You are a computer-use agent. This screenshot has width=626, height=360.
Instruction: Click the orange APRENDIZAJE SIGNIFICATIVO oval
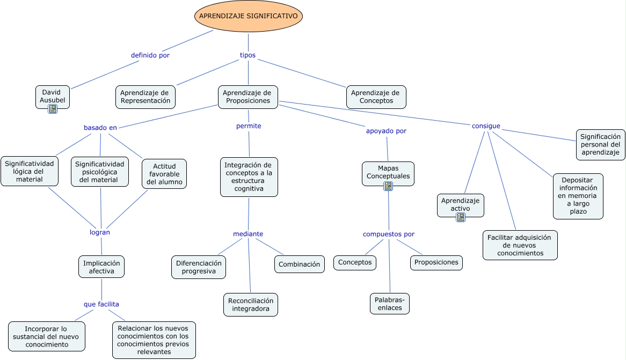[x=249, y=16]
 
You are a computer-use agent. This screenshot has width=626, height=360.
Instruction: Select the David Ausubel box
[x=52, y=97]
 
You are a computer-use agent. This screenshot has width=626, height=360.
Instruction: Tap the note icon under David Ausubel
[x=53, y=108]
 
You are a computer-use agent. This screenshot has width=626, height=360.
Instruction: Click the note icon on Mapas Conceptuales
[x=388, y=186]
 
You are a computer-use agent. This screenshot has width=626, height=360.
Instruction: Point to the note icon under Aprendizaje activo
[x=461, y=217]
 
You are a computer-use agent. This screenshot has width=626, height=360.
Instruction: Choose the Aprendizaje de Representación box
[x=145, y=97]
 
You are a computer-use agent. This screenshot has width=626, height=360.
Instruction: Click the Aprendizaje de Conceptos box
[x=376, y=97]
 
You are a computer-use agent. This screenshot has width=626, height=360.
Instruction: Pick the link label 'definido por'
[x=150, y=55]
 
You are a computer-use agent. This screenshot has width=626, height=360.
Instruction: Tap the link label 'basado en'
[x=100, y=128]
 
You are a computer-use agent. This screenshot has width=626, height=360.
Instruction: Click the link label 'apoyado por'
[x=386, y=131]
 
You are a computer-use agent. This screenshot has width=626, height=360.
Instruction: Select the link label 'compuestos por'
[x=389, y=234]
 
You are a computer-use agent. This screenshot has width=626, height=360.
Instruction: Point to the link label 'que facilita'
[x=101, y=304]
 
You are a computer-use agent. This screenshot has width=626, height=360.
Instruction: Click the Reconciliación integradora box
[x=251, y=305]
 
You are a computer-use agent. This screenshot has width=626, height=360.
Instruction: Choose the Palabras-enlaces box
[x=390, y=304]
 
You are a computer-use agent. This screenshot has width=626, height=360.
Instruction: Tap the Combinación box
[x=300, y=264]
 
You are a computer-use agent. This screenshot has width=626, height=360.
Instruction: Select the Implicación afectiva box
[x=101, y=267]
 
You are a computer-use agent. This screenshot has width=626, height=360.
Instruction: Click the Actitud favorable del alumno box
[x=164, y=174]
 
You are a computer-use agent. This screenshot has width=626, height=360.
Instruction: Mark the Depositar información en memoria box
[x=578, y=196]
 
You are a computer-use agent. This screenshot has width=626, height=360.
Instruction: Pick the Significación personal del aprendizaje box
[x=600, y=144]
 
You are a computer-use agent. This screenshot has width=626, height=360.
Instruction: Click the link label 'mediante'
[x=248, y=234]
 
